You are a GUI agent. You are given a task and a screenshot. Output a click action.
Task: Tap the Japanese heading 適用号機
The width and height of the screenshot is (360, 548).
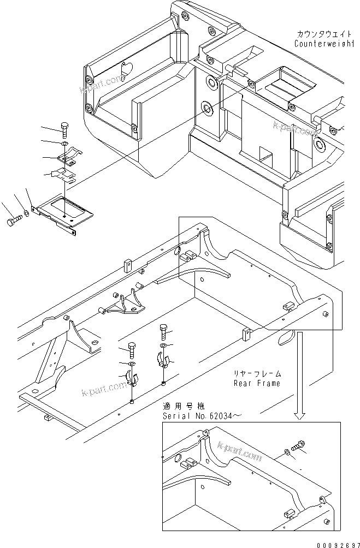(x=182, y=407)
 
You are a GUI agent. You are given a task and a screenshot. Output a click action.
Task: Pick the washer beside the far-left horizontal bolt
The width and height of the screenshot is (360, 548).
(x=27, y=213)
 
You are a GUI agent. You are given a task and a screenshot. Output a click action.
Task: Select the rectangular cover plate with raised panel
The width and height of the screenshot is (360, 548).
(x=65, y=212)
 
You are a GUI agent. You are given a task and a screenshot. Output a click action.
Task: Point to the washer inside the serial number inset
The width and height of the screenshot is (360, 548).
(x=287, y=451)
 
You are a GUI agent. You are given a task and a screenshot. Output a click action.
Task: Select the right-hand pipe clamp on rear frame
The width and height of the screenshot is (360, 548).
(x=164, y=361)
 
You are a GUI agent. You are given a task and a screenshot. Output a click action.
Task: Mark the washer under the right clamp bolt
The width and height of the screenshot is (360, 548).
(x=164, y=346)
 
